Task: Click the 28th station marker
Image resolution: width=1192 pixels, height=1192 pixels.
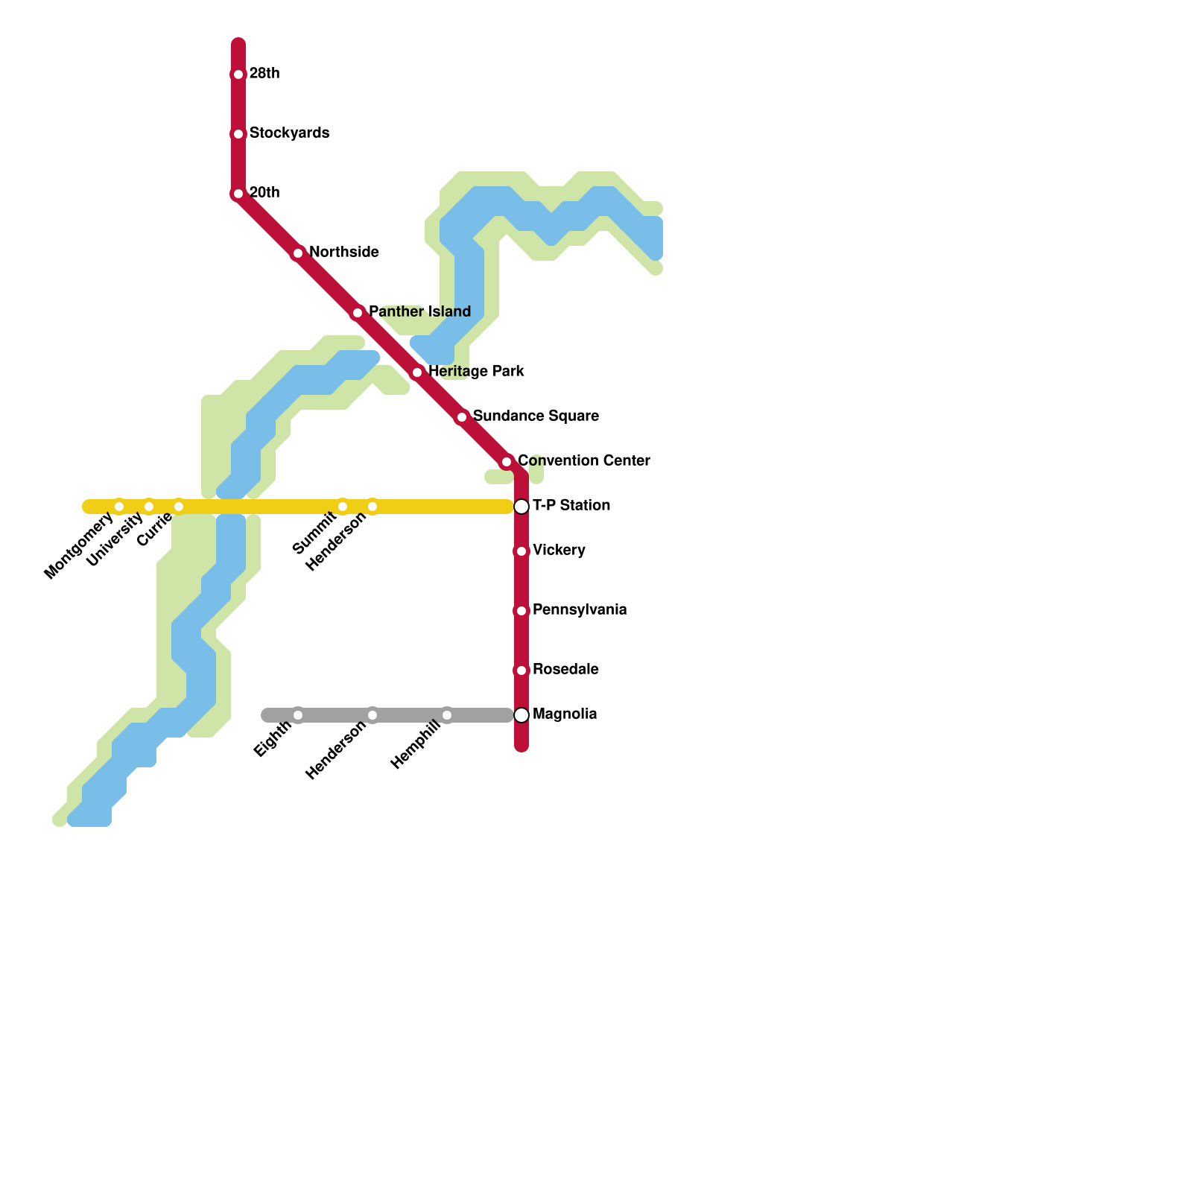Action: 238,74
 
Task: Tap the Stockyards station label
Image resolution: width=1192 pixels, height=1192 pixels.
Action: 289,133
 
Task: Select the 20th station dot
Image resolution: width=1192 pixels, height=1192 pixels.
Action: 238,194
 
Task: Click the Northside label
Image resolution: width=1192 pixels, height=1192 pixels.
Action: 343,253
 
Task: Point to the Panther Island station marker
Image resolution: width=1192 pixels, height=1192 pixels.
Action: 358,313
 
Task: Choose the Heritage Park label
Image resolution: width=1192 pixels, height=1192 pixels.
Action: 476,372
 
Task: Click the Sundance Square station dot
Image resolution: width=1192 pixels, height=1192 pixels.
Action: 462,417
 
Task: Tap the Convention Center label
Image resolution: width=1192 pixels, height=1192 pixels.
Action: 583,461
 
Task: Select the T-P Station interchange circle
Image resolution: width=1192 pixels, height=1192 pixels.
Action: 521,507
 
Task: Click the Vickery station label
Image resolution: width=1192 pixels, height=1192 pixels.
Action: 559,551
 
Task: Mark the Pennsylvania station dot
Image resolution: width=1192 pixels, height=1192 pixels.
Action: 521,611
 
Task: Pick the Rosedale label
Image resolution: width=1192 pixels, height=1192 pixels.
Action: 565,670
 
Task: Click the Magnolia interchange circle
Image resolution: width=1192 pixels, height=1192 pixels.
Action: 521,715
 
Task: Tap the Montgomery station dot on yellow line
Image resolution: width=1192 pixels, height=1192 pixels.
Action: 119,507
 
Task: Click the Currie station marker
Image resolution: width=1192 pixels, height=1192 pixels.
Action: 179,507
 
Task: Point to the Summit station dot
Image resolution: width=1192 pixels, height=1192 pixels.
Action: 343,507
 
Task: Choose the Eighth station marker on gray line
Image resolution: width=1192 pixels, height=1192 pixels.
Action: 298,715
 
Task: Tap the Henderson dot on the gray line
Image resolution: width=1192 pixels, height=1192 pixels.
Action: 372,715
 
